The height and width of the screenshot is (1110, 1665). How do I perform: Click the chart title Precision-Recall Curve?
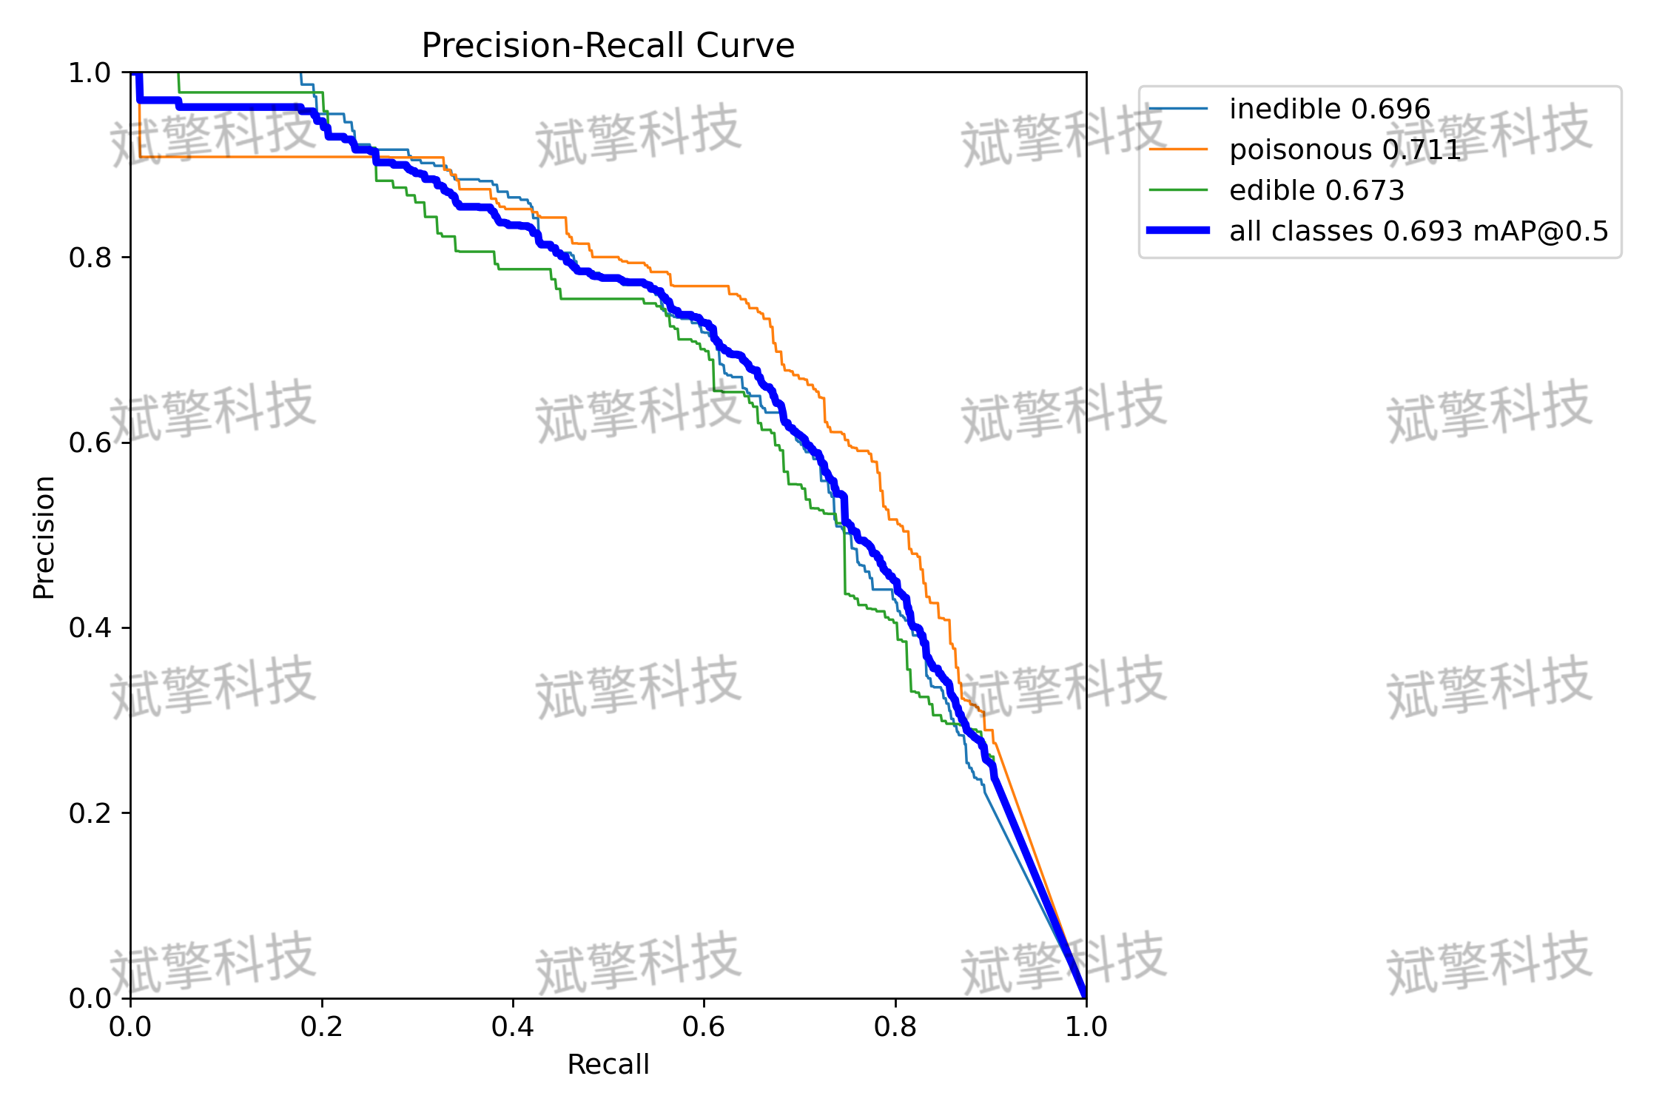click(608, 46)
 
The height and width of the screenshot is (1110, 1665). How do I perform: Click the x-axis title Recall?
click(608, 1065)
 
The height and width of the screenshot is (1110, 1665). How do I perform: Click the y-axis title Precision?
click(44, 537)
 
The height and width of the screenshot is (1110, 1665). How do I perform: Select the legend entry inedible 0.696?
click(1330, 110)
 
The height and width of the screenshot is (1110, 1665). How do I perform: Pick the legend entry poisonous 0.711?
click(1345, 150)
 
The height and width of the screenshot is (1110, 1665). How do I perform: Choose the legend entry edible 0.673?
click(1316, 191)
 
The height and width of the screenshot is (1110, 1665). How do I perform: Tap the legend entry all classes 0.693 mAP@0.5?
click(1419, 232)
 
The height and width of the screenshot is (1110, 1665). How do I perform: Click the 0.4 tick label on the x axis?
click(513, 1027)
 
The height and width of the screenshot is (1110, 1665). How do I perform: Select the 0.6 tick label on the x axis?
click(704, 1027)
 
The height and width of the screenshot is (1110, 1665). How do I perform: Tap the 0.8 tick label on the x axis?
click(895, 1027)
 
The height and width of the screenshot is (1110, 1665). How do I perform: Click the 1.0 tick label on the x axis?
click(1086, 1027)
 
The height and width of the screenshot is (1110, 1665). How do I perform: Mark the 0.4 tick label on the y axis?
click(90, 628)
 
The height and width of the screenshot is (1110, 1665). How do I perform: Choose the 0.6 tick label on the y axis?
click(90, 443)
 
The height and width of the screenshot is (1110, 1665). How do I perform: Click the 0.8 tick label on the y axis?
click(90, 258)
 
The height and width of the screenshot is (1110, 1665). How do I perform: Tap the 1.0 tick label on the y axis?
click(90, 73)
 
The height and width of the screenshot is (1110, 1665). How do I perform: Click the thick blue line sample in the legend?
click(1178, 230)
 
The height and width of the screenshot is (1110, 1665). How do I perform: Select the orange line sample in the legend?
click(1178, 149)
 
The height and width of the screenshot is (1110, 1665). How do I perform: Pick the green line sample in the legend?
click(1178, 190)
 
